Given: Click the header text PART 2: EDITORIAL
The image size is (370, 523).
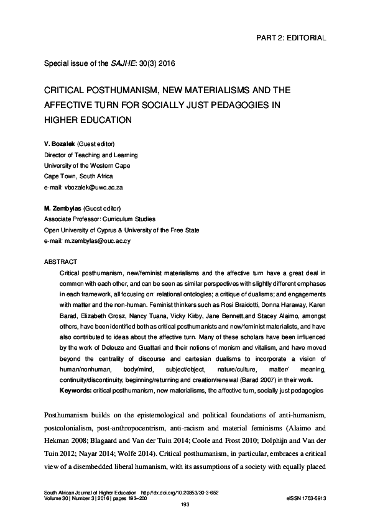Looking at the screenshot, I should tap(291, 37).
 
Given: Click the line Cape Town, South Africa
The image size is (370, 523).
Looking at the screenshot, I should tap(78, 175).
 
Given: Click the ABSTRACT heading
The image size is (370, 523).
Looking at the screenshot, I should tap(60, 261).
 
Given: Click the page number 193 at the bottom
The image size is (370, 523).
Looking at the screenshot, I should tap(184, 504).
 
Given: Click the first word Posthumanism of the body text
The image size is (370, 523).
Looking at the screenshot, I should tap(69, 414).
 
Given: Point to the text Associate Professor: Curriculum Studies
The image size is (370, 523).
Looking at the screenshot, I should tap(99, 219).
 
